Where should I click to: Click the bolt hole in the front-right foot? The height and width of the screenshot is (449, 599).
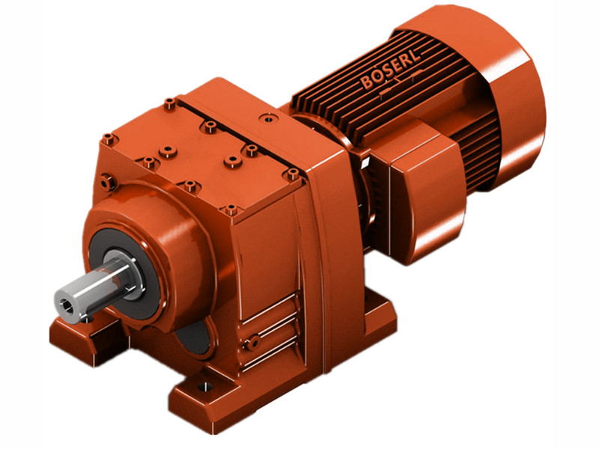coord(200,388)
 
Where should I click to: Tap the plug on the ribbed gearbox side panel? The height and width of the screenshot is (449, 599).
coord(255,341)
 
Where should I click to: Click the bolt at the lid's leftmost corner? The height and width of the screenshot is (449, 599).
coord(109,138)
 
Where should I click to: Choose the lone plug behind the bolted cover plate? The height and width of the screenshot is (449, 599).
coord(265,118)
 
